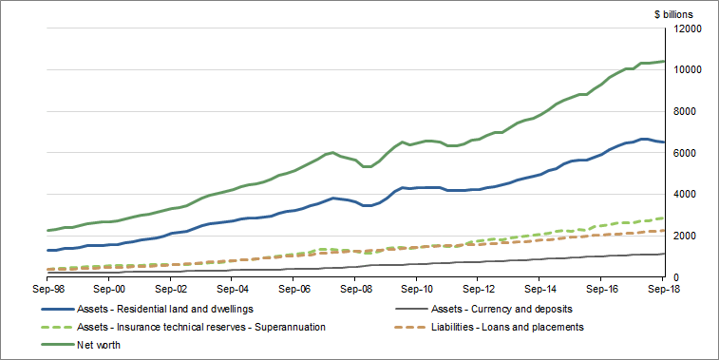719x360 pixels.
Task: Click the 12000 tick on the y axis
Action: point(689,28)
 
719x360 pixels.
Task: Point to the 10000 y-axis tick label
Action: point(689,70)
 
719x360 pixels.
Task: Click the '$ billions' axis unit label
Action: point(673,14)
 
